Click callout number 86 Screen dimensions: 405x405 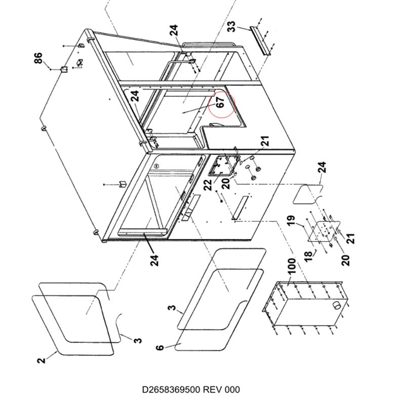pyautogui.click(x=38, y=58)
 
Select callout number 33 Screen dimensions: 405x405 pyautogui.click(x=232, y=27)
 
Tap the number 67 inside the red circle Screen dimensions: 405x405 pyautogui.click(x=220, y=102)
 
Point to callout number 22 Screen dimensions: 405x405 pyautogui.click(x=208, y=185)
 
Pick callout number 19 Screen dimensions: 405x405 pyautogui.click(x=291, y=221)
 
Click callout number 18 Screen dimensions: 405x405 pyautogui.click(x=308, y=257)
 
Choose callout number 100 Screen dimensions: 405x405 pyautogui.click(x=292, y=266)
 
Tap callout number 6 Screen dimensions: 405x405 pyautogui.click(x=160, y=347)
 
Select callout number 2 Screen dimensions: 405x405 pyautogui.click(x=41, y=360)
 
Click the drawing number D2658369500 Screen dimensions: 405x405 pyautogui.click(x=171, y=389)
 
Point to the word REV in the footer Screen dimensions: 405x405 pyautogui.click(x=212, y=389)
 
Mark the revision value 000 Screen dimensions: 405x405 pyautogui.click(x=232, y=389)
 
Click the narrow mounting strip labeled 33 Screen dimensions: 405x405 pyautogui.click(x=260, y=40)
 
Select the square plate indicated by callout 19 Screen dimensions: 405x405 pyautogui.click(x=323, y=231)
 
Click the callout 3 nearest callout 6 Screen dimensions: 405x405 pyautogui.click(x=172, y=308)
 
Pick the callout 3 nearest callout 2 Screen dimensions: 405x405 pyautogui.click(x=138, y=340)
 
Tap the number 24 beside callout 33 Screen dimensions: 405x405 pyautogui.click(x=174, y=30)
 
